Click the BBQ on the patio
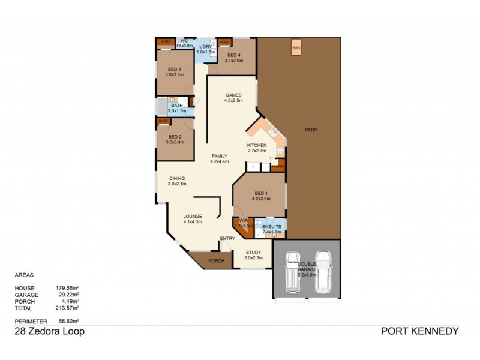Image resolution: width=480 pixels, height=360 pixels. (x=296, y=48)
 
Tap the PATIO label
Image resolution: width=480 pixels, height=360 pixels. (x=310, y=130)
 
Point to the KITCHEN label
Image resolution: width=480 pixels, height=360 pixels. (x=257, y=146)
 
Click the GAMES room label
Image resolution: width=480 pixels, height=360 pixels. (x=233, y=95)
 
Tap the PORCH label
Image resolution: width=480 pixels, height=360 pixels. (x=215, y=261)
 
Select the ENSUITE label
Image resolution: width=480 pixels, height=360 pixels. (x=272, y=226)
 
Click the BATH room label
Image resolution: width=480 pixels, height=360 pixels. (x=176, y=106)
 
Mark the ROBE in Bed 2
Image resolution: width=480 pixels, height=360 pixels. (x=163, y=121)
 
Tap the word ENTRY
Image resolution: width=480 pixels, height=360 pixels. (x=227, y=239)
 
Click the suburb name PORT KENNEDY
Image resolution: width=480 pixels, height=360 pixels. (x=420, y=331)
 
